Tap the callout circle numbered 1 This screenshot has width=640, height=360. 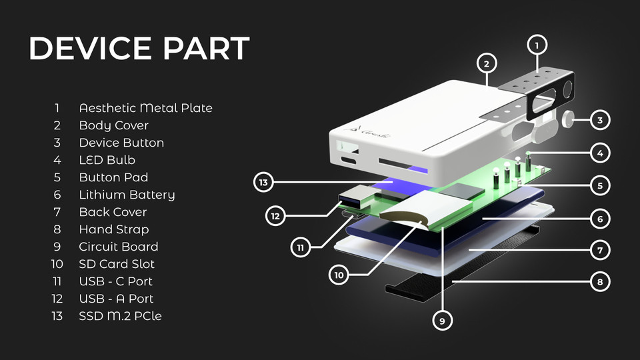tap(537, 45)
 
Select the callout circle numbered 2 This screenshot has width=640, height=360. tap(487, 64)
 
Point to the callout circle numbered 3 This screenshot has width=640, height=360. tap(600, 121)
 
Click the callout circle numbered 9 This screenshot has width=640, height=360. tap(441, 321)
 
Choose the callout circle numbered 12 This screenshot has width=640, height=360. tap(275, 215)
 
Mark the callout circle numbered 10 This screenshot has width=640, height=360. tap(339, 275)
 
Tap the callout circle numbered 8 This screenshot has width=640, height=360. tap(600, 282)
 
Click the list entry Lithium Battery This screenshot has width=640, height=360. tap(127, 195)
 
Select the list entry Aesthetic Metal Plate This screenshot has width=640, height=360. tap(145, 108)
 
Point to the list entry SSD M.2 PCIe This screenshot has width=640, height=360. tap(120, 316)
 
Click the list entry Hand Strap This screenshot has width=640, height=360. tap(114, 229)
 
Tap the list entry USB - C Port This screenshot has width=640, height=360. tap(115, 281)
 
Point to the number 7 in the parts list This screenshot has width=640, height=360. tap(57, 212)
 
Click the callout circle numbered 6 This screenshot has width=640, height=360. tap(600, 218)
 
